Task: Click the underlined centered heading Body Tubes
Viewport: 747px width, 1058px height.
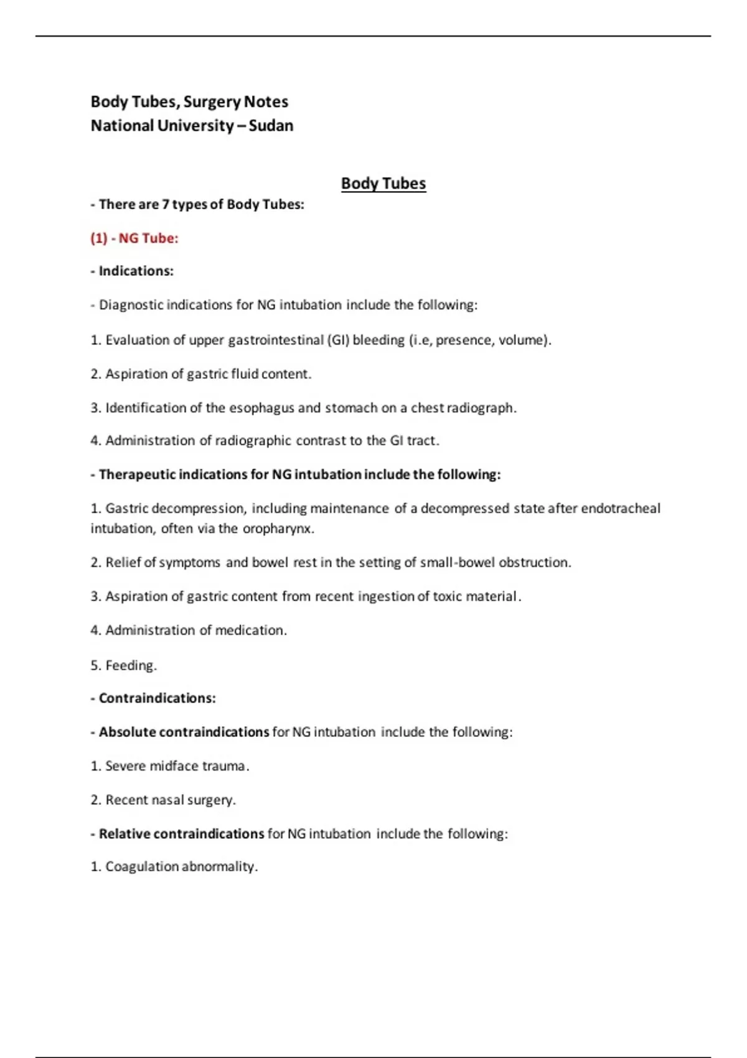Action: pyautogui.click(x=383, y=184)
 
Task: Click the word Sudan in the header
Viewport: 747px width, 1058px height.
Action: pyautogui.click(x=271, y=126)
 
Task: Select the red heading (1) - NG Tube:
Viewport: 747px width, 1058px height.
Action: pyautogui.click(x=134, y=238)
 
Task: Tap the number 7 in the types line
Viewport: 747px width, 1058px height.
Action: pyautogui.click(x=166, y=205)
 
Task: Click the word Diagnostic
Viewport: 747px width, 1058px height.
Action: pyautogui.click(x=131, y=305)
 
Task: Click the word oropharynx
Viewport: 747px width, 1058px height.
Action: pyautogui.click(x=278, y=528)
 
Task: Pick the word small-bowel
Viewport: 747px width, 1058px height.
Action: pyautogui.click(x=458, y=563)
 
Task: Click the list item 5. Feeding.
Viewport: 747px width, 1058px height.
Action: pyautogui.click(x=123, y=665)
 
